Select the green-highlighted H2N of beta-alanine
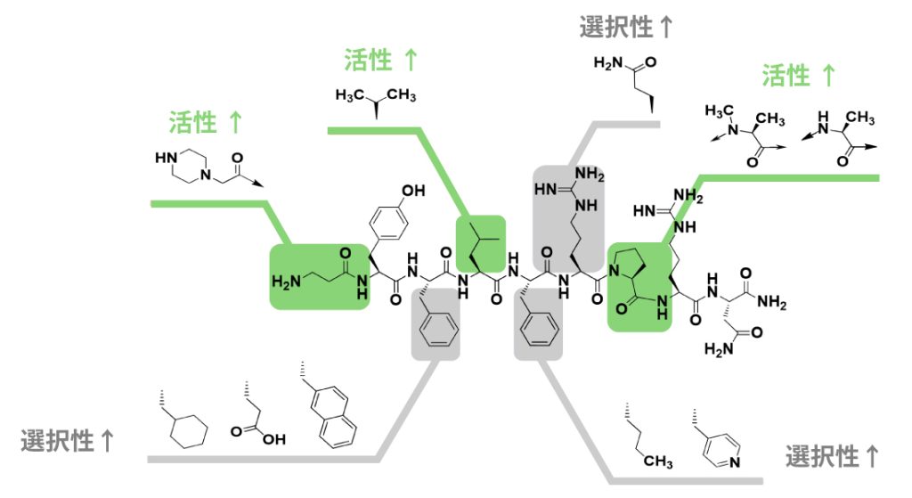tap(289, 283)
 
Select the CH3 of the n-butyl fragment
tap(657, 461)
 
